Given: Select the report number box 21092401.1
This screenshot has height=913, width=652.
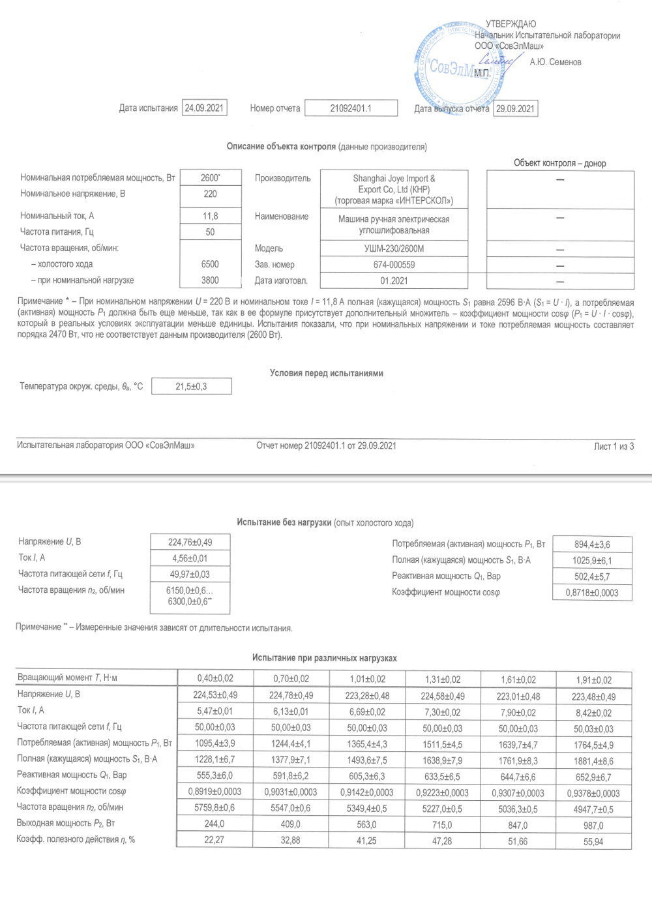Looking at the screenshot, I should [x=351, y=108].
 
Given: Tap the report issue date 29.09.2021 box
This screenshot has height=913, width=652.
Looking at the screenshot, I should [x=515, y=109].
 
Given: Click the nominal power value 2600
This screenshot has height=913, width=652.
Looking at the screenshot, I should [x=210, y=178].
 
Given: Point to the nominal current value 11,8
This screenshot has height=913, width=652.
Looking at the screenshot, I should [x=210, y=216].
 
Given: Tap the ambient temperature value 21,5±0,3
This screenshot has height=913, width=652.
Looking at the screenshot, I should [x=191, y=387].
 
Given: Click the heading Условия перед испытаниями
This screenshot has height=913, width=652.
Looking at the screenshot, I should [x=326, y=373].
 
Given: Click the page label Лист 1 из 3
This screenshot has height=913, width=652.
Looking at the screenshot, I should [x=614, y=446].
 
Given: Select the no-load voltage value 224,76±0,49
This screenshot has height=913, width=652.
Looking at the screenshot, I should [x=190, y=542].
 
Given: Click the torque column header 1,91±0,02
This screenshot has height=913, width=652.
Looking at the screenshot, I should [x=593, y=680].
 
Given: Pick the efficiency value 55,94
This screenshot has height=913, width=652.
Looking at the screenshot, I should [x=593, y=842].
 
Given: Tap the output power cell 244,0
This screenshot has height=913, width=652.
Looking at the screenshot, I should [x=214, y=824].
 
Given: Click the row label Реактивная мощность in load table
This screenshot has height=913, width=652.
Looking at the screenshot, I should [x=72, y=775].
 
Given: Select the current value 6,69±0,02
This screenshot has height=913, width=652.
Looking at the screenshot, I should [x=366, y=712].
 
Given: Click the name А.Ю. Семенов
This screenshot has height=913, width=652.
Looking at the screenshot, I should [x=555, y=62].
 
